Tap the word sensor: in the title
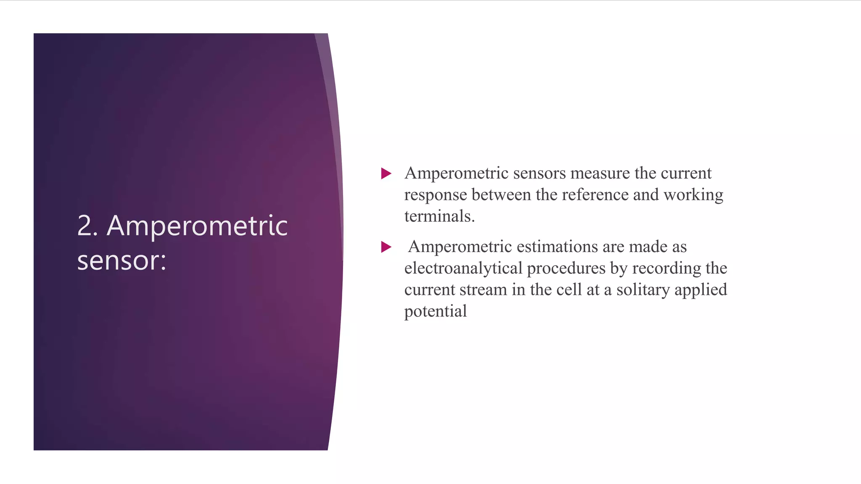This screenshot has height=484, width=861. [x=122, y=260]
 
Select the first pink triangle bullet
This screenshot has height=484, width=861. [x=386, y=173]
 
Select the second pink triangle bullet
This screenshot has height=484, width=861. [x=386, y=247]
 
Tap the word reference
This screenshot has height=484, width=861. [x=595, y=195]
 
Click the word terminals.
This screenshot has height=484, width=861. [x=439, y=216]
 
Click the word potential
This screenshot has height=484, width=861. [x=436, y=312]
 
